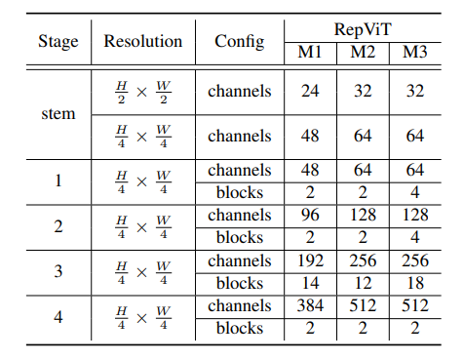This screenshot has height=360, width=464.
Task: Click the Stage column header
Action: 58,42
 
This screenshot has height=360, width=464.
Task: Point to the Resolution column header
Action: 143,42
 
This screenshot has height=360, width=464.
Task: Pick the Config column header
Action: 239,42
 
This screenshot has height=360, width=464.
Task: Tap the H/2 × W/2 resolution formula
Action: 143,92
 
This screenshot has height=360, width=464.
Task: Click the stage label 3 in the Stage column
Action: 58,272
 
